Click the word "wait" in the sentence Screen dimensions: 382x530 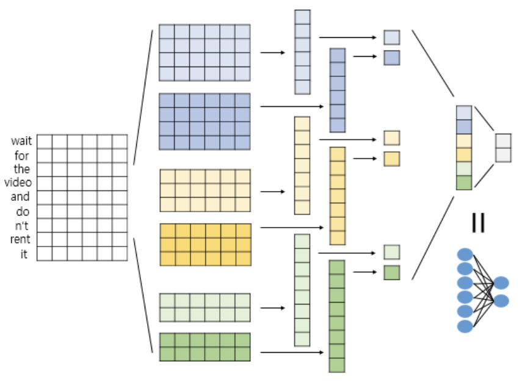point(21,142)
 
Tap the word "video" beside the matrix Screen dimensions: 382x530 point(18,182)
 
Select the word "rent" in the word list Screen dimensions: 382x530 point(20,239)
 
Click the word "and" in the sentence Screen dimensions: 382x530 point(20,197)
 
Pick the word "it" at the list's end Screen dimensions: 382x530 point(24,254)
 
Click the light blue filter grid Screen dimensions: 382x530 point(205,52)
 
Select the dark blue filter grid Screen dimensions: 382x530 point(205,121)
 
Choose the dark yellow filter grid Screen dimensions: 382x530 point(205,244)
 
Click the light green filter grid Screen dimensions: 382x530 point(205,308)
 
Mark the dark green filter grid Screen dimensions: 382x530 point(205,347)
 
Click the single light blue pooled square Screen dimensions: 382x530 point(391,38)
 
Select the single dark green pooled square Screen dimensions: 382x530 point(391,272)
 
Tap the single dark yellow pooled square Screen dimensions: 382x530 point(391,159)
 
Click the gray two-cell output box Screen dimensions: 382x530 point(503,148)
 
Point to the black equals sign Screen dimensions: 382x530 point(478,223)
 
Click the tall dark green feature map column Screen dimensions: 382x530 point(337,316)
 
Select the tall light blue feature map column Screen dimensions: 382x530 point(302,52)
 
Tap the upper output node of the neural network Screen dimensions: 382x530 point(501,283)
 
